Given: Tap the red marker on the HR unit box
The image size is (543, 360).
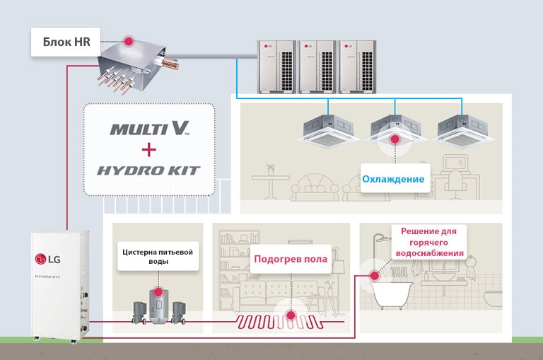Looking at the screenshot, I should pyautogui.click(x=129, y=42).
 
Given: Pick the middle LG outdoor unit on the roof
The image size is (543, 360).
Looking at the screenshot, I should pyautogui.click(x=316, y=65).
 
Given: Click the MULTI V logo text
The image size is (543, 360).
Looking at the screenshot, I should pyautogui.click(x=149, y=129).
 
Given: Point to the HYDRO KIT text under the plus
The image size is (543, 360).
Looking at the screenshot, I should pyautogui.click(x=149, y=170).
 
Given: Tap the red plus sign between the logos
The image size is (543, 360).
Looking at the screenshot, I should pyautogui.click(x=148, y=150).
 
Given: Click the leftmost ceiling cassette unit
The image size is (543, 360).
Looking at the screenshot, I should pyautogui.click(x=327, y=128).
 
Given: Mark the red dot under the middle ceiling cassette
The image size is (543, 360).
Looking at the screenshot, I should pyautogui.click(x=394, y=141).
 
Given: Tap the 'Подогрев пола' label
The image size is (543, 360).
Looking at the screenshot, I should pyautogui.click(x=291, y=259).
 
